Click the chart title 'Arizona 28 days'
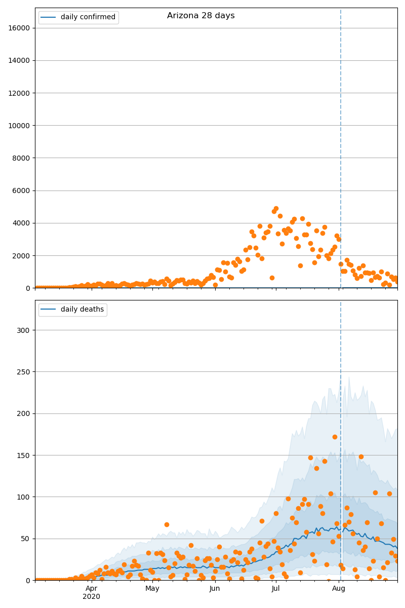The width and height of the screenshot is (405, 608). [x=201, y=16]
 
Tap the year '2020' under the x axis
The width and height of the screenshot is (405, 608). [x=92, y=596]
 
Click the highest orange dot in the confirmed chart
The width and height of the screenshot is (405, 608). [x=276, y=209]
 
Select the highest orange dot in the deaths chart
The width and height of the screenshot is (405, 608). [x=335, y=437]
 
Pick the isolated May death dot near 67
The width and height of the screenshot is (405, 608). [x=167, y=524]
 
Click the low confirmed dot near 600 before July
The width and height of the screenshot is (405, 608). [x=272, y=278]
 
